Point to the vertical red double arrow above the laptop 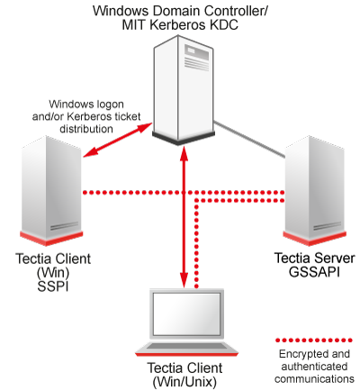[x=184, y=216]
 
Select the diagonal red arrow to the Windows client [x=114, y=138]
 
